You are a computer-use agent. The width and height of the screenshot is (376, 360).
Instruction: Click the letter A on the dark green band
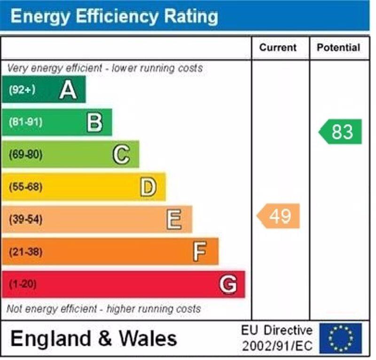pyautogui.click(x=68, y=89)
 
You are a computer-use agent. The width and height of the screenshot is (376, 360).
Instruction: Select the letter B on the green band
pyautogui.click(x=94, y=122)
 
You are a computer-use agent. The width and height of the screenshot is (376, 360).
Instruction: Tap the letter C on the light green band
pyautogui.click(x=121, y=155)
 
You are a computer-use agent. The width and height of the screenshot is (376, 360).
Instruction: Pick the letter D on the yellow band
pyautogui.click(x=148, y=187)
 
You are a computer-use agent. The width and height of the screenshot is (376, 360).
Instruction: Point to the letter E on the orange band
pyautogui.click(x=174, y=220)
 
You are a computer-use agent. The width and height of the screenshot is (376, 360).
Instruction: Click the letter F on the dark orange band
pyautogui.click(x=200, y=252)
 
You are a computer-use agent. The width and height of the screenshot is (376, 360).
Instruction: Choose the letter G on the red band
pyautogui.click(x=228, y=284)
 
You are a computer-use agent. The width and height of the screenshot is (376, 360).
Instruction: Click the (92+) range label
pyautogui.click(x=22, y=89)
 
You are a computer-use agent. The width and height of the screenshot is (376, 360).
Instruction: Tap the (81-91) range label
pyautogui.click(x=25, y=122)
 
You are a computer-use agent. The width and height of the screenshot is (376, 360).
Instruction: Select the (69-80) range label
pyautogui.click(x=25, y=155)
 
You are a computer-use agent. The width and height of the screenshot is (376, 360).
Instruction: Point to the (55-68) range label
pyautogui.click(x=25, y=187)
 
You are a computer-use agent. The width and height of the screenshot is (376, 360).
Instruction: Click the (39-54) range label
pyautogui.click(x=25, y=220)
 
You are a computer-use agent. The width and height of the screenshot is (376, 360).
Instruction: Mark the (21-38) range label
pyautogui.click(x=25, y=252)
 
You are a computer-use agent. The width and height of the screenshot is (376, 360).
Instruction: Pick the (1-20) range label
pyautogui.click(x=23, y=284)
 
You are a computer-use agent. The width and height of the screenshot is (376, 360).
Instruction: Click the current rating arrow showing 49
pyautogui.click(x=279, y=216)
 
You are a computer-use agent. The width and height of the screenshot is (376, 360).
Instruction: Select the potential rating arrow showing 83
pyautogui.click(x=341, y=132)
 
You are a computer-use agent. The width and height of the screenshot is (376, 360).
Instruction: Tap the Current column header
pyautogui.click(x=278, y=48)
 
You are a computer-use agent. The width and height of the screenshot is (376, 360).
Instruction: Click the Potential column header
pyautogui.click(x=338, y=48)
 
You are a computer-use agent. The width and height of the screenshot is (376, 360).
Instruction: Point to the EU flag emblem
pyautogui.click(x=341, y=338)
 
